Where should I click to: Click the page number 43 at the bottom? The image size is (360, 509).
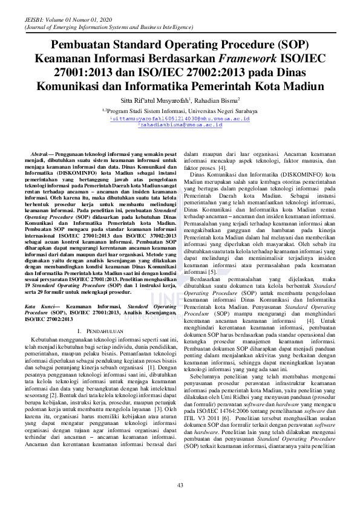pos(180,487)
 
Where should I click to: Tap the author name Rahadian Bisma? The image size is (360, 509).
pos(217,100)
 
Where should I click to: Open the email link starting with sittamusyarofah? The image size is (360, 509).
pos(180,118)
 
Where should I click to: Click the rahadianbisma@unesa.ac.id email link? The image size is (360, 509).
pos(180,125)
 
